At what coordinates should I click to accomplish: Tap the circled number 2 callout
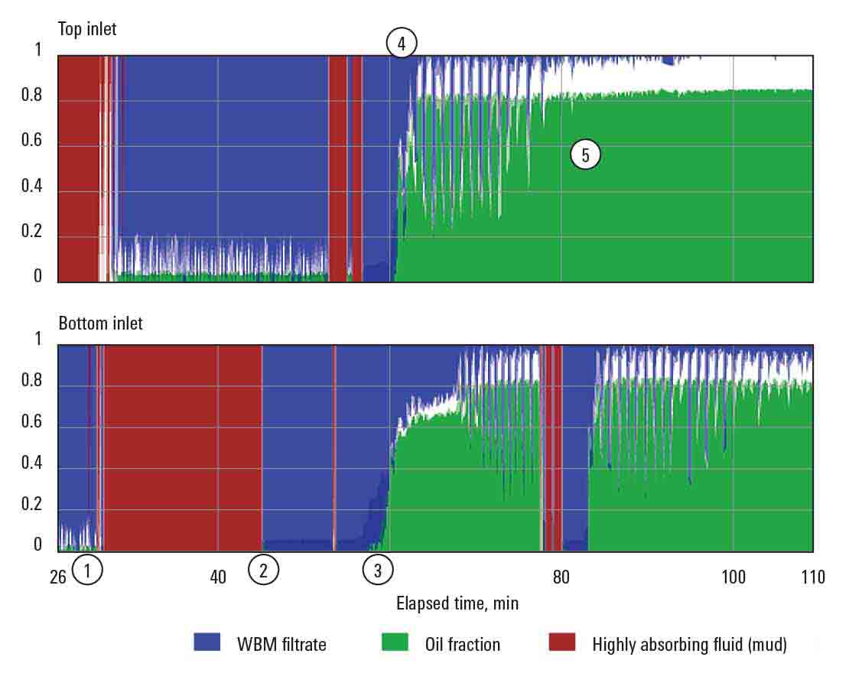click(264, 570)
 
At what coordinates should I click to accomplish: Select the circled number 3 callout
click(377, 570)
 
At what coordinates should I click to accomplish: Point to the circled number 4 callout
click(401, 44)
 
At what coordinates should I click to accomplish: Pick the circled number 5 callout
click(585, 155)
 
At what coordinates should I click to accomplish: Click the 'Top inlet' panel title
click(87, 29)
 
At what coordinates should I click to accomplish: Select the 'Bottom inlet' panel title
click(100, 324)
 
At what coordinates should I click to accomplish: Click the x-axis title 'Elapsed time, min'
click(457, 603)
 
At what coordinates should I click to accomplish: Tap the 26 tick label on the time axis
click(58, 577)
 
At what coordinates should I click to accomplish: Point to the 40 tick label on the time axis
click(219, 577)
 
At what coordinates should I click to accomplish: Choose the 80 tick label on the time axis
click(561, 577)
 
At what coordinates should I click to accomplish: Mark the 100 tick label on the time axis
click(734, 577)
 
